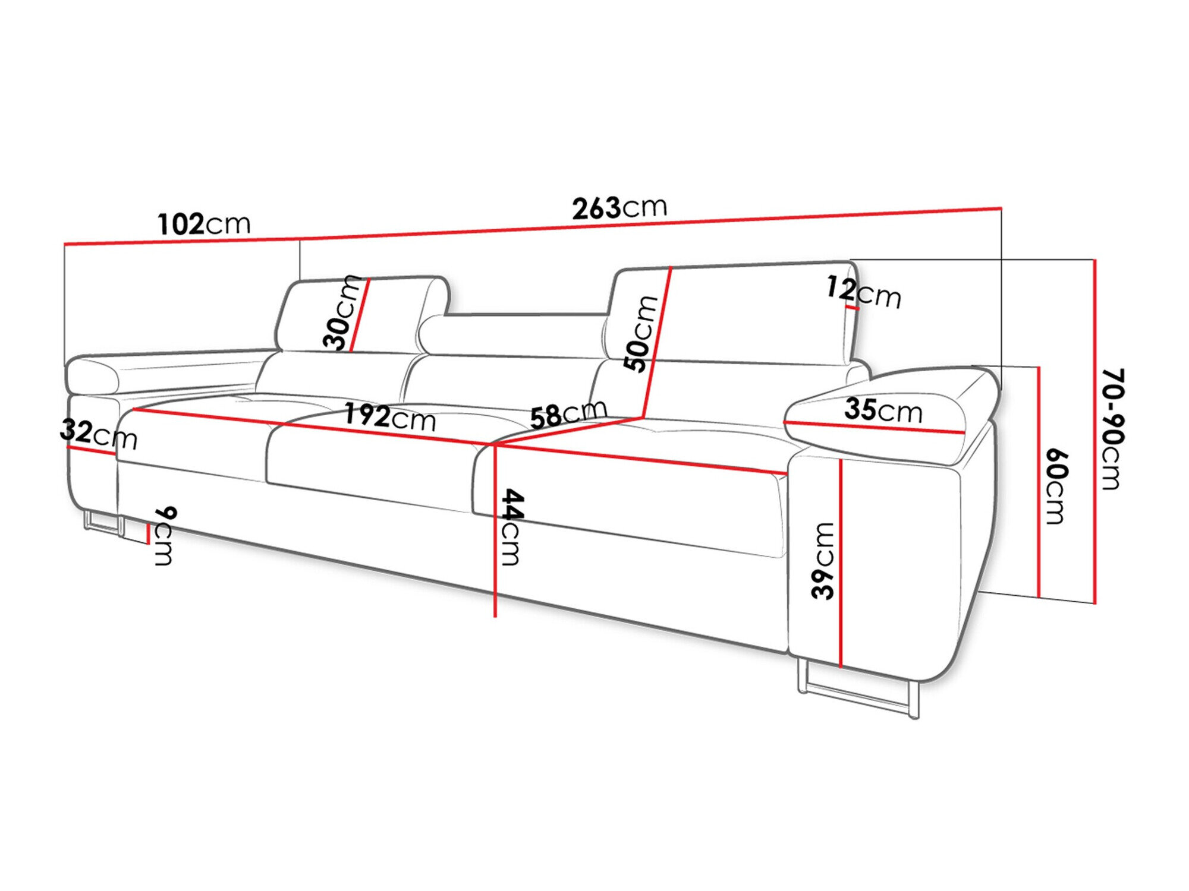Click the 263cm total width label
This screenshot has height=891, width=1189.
[619, 207]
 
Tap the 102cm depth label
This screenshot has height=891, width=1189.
[204, 224]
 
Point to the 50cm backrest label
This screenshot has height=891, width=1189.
[640, 333]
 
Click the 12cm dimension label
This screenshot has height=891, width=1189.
[863, 292]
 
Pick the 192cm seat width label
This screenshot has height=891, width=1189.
[390, 417]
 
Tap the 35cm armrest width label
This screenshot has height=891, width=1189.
[883, 410]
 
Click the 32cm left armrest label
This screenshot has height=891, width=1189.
[98, 434]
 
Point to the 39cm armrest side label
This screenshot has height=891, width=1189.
[823, 561]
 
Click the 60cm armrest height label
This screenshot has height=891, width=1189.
[1056, 486]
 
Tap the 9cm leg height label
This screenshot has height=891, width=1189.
[165, 536]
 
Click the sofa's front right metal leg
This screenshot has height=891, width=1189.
[856, 695]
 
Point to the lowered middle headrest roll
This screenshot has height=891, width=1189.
[511, 336]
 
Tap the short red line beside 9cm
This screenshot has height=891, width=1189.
[147, 533]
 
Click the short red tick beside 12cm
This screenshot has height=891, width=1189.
[853, 308]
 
